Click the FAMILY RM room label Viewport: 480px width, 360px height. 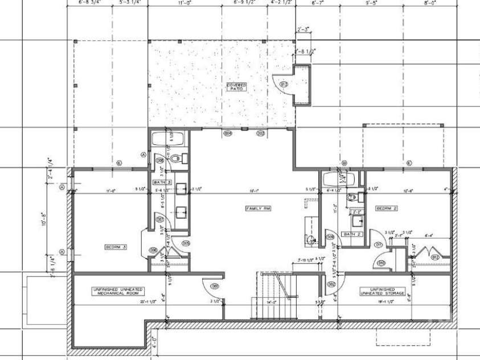click(x=257, y=209)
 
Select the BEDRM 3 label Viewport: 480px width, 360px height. click(x=116, y=247)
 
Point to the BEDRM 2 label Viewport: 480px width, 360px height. click(x=387, y=209)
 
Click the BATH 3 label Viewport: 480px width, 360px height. click(x=160, y=182)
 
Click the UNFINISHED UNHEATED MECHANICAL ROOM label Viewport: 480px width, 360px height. click(x=119, y=291)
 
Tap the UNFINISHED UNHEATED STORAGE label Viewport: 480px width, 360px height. click(x=383, y=291)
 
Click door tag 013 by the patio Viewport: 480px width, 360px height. click(x=283, y=84)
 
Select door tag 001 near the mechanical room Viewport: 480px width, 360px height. click(x=215, y=286)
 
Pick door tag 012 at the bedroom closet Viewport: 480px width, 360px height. click(x=436, y=257)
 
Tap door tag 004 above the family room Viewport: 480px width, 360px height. click(x=228, y=133)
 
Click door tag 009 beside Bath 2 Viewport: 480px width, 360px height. click(x=330, y=236)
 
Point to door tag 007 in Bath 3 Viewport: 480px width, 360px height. click(x=160, y=219)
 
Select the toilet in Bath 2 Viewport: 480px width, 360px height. click(x=352, y=198)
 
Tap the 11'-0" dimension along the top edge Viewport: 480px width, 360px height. click(x=183, y=3)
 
